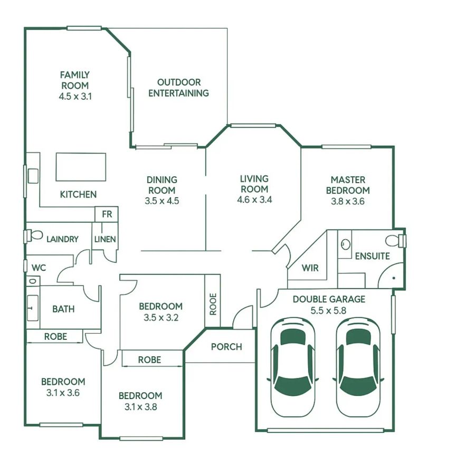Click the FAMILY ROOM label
pyautogui.click(x=74, y=80)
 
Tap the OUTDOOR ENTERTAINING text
pyautogui.click(x=178, y=88)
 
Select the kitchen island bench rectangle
pyautogui.click(x=81, y=166)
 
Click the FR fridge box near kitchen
pyautogui.click(x=106, y=215)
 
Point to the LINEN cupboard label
pyautogui.click(x=105, y=239)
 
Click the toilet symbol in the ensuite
pyautogui.click(x=394, y=241)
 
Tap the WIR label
pyautogui.click(x=310, y=268)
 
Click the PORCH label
pyautogui.click(x=226, y=347)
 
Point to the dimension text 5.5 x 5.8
pyautogui.click(x=328, y=310)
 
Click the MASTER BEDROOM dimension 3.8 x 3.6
pyautogui.click(x=348, y=201)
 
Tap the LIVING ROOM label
pyautogui.click(x=254, y=184)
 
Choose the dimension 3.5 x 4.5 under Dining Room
pyautogui.click(x=162, y=201)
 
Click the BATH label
pyautogui.click(x=63, y=309)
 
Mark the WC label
pyautogui.click(x=39, y=268)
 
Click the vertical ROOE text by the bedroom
pyautogui.click(x=213, y=304)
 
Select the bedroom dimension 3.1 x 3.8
pyautogui.click(x=140, y=407)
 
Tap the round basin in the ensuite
pyautogui.click(x=345, y=244)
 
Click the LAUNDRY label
pyautogui.click(x=62, y=239)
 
